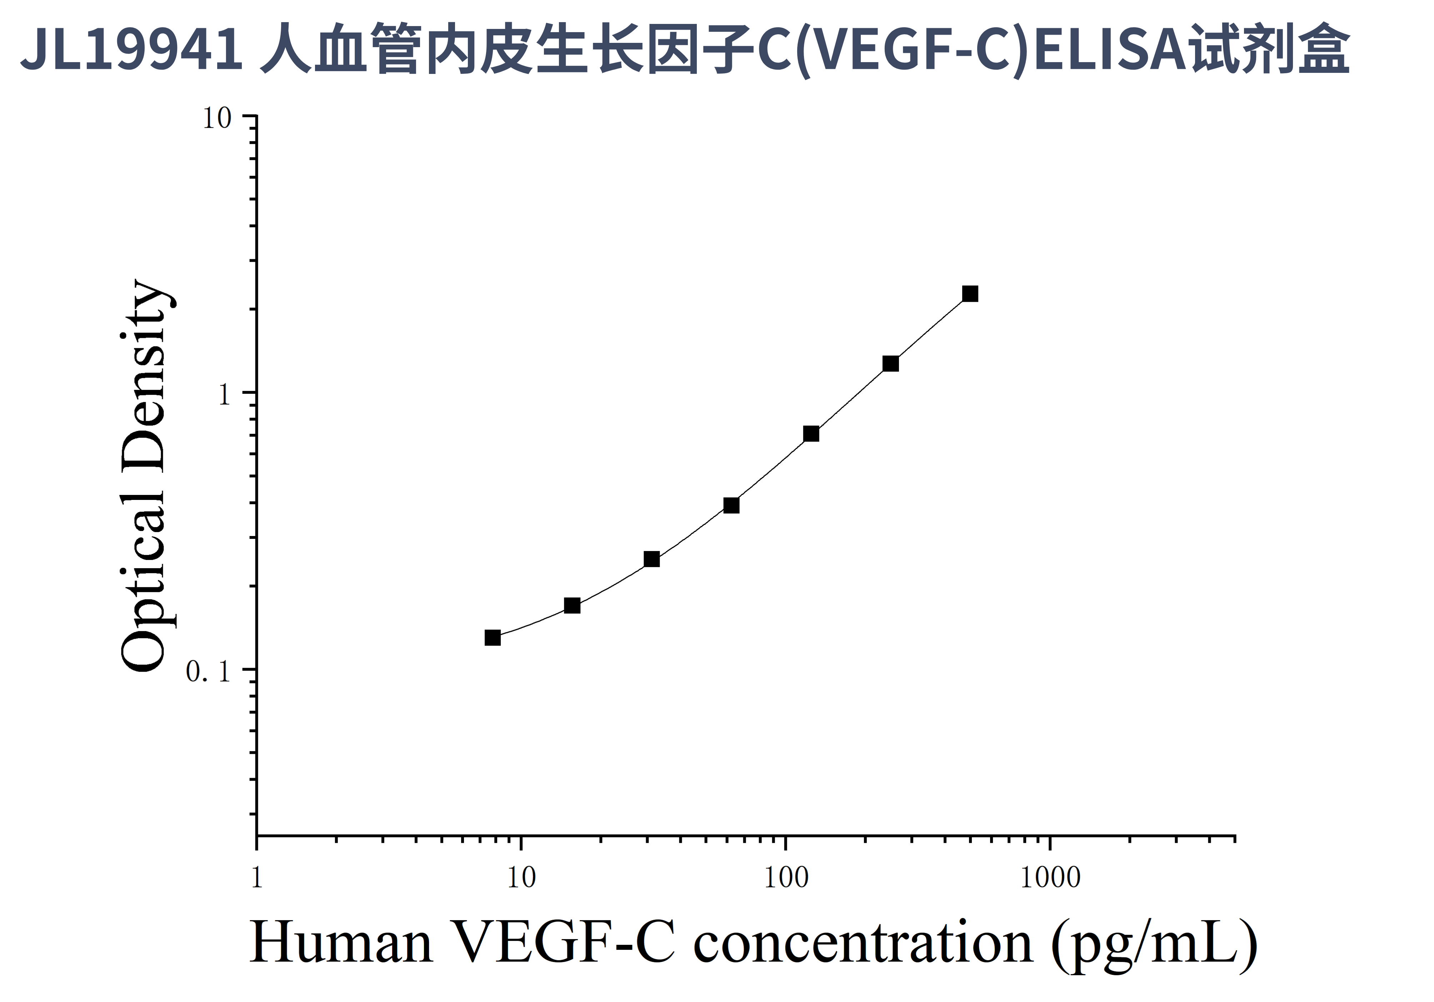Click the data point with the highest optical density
click(x=970, y=294)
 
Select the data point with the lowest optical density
click(x=493, y=637)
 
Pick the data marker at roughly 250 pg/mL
click(x=891, y=364)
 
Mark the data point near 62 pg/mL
click(x=731, y=505)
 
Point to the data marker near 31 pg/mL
click(x=651, y=559)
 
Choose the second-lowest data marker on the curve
click(x=572, y=605)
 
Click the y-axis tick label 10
click(x=217, y=119)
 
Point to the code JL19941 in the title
click(x=131, y=50)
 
